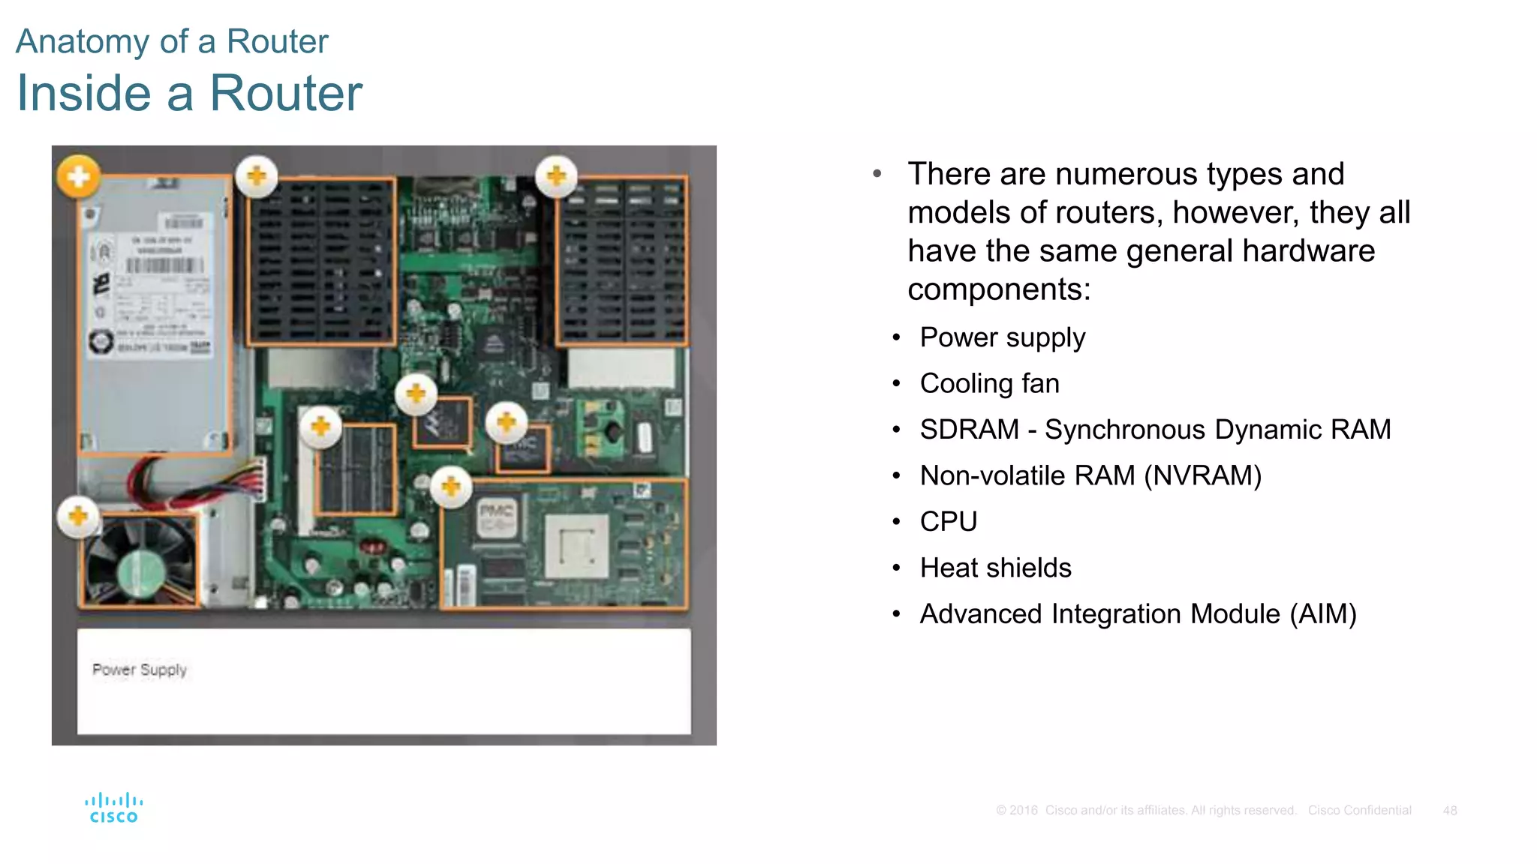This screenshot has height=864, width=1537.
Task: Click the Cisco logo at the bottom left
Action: tap(113, 808)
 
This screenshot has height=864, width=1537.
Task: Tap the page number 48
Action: tap(1449, 811)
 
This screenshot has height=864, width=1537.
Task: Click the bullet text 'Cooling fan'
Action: tap(989, 383)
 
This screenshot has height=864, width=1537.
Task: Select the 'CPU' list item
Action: tap(949, 521)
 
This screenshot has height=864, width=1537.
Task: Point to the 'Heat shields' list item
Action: tap(995, 568)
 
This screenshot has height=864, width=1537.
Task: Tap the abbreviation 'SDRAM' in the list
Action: tap(969, 430)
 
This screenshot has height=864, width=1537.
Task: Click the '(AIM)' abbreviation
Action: tap(1323, 614)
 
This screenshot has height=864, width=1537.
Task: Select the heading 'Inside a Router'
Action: tap(189, 93)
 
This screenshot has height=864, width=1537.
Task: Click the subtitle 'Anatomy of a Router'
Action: tap(172, 41)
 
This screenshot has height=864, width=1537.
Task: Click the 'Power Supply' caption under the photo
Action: tap(140, 670)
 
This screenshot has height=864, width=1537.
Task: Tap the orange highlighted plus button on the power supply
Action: tap(78, 177)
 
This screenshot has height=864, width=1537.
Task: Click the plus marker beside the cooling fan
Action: tap(78, 516)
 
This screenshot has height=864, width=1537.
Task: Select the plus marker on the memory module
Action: tap(320, 427)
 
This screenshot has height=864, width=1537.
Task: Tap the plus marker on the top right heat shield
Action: tap(556, 176)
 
